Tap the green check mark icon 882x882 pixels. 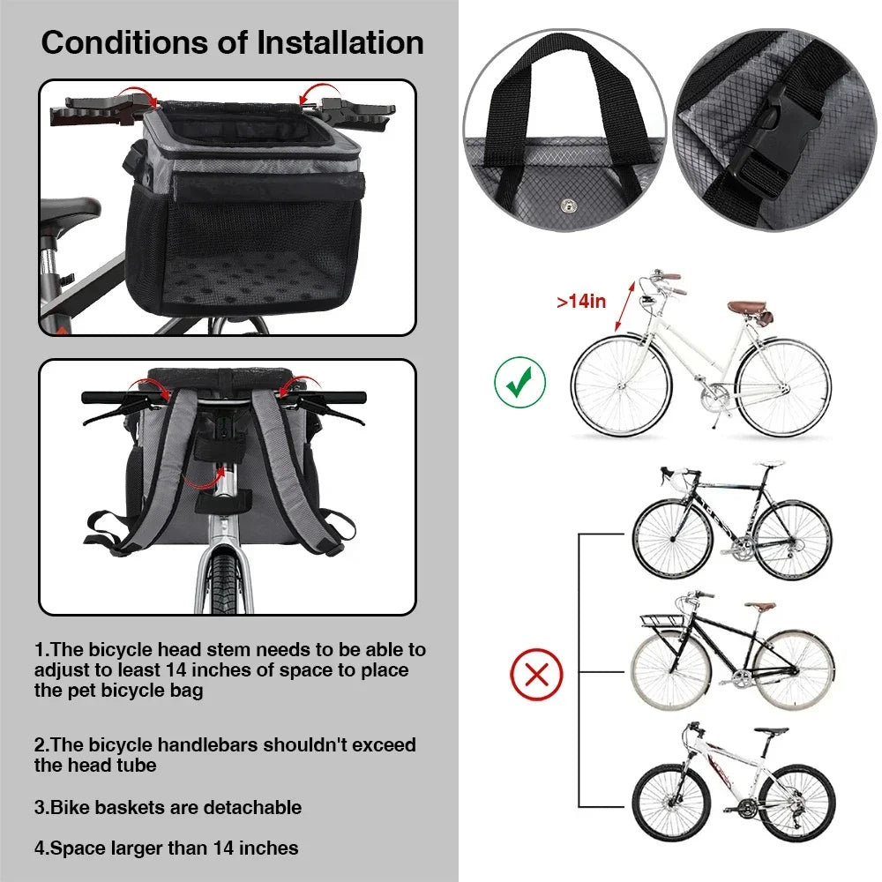click(519, 382)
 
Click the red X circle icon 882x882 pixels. click(536, 676)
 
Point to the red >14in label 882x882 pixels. click(581, 302)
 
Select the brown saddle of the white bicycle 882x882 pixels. click(748, 308)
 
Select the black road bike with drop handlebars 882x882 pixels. click(732, 520)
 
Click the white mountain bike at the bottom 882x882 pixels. click(732, 785)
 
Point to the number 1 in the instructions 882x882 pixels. click(40, 650)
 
